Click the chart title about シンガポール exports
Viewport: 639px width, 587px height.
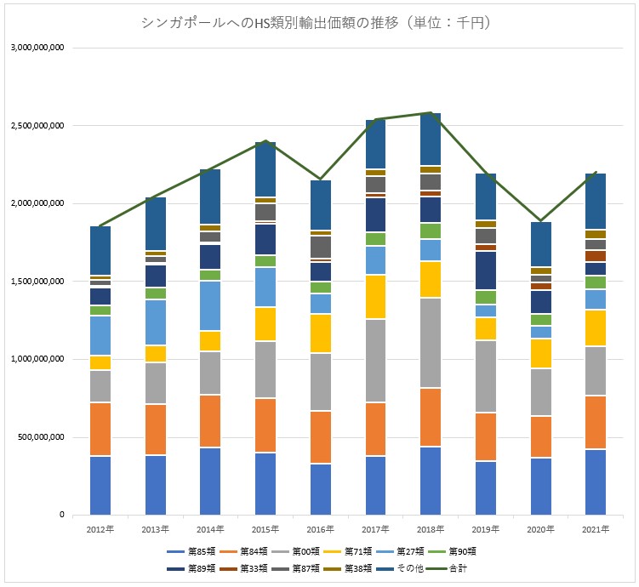[x=319, y=24]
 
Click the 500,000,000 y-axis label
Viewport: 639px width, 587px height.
[x=38, y=437]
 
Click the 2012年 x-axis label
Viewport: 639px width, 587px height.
[x=100, y=529]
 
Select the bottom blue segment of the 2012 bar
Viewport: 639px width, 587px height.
[x=100, y=486]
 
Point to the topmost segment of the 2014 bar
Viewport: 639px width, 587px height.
[x=210, y=197]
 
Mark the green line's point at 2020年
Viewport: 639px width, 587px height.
[x=539, y=220]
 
